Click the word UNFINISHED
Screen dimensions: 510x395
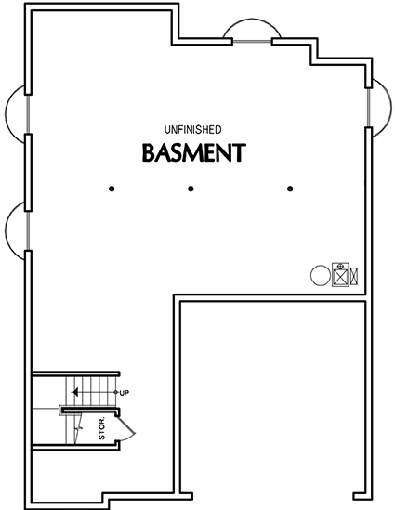[192, 129]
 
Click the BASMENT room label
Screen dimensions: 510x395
[193, 151]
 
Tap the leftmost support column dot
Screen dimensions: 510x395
[112, 190]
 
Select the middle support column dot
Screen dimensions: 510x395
[191, 190]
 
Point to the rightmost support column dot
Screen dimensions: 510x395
[291, 190]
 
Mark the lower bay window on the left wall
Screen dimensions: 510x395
[18, 228]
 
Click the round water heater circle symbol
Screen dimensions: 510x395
[319, 275]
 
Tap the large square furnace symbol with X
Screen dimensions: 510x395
[340, 274]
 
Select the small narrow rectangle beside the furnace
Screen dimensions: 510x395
[353, 275]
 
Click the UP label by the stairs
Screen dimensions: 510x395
[125, 393]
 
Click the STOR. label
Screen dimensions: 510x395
[101, 430]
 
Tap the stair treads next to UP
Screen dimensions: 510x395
[93, 387]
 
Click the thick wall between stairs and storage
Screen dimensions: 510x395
[88, 409]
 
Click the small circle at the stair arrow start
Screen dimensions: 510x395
[117, 393]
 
